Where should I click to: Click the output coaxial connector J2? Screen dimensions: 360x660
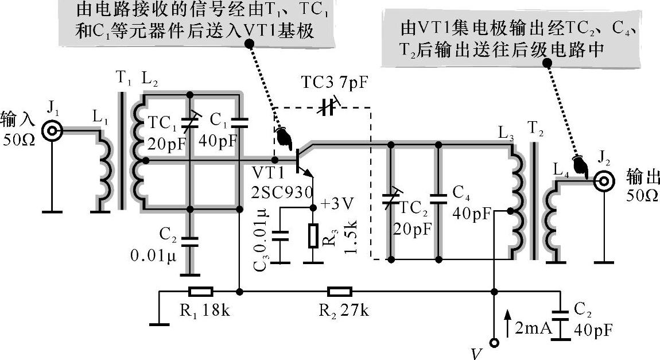coord(602,183)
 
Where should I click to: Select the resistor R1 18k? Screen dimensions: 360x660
coord(200,292)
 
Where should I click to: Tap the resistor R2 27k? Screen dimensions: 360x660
coord(339,292)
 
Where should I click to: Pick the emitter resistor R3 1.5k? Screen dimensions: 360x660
coord(313,235)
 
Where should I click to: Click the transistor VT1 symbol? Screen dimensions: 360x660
coord(301,159)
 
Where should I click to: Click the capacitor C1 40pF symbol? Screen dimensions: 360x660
coord(238,122)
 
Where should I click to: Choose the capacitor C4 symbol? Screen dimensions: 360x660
coord(438,199)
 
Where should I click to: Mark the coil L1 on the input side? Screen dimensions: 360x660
coord(103,172)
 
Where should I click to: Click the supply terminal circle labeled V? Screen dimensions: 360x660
coord(492,343)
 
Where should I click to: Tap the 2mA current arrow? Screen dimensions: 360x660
coord(507,322)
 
